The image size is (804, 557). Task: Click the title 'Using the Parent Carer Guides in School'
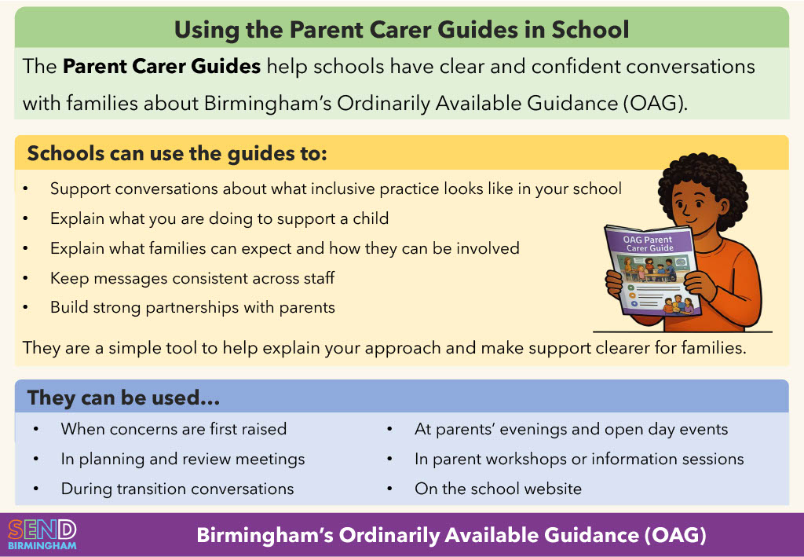tap(401, 30)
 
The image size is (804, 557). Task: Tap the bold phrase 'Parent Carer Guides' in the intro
tap(162, 66)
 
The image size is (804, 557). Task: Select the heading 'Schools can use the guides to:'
tap(177, 153)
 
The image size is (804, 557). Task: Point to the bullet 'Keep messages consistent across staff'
tap(192, 277)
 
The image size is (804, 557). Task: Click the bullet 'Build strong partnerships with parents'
tap(192, 307)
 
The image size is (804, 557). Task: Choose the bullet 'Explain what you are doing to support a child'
tap(219, 218)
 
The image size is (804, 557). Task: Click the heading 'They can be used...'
tap(123, 398)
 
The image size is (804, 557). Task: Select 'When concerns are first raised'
tap(174, 429)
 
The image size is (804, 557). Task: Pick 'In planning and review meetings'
tap(183, 459)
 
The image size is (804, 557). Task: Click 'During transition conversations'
tap(177, 489)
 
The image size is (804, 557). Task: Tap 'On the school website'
tap(498, 489)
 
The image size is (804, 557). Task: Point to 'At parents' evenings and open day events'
tap(571, 429)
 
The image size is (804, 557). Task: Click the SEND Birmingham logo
tap(42, 534)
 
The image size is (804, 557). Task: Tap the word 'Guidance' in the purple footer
tap(585, 536)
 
